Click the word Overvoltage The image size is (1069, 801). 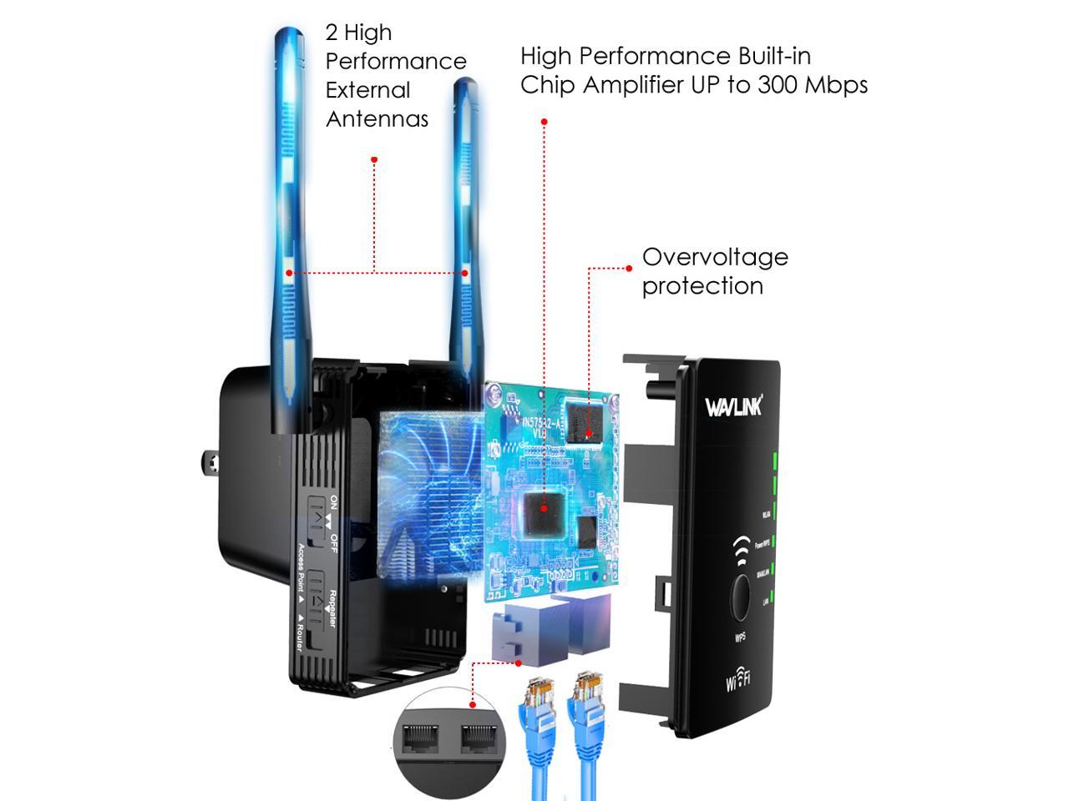(x=715, y=257)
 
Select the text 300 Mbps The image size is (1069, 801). (x=813, y=84)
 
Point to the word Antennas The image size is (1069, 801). (x=377, y=119)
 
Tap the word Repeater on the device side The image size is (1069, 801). (x=332, y=608)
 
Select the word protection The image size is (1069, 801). (x=702, y=286)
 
